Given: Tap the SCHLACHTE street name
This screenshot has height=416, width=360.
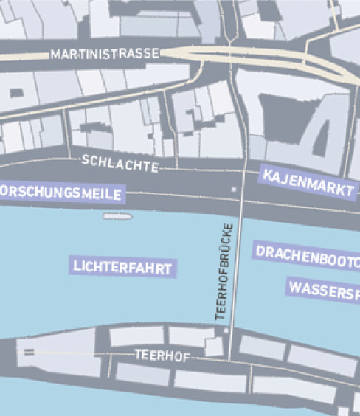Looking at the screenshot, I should [120, 163].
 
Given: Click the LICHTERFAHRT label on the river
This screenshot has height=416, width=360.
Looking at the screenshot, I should [123, 267].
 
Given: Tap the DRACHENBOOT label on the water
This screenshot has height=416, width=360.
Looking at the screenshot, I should [307, 252].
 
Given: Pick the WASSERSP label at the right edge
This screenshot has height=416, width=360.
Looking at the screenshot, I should [323, 288].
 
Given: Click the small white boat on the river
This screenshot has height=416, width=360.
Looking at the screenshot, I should [117, 217].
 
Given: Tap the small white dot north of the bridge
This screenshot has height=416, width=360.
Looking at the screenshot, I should [235, 190].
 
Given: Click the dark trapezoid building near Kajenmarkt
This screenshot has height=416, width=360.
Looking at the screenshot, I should [322, 137].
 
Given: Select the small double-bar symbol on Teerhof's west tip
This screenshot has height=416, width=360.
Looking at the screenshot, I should [30, 353].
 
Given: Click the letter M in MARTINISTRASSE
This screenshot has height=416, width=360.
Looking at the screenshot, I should [55, 55].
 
